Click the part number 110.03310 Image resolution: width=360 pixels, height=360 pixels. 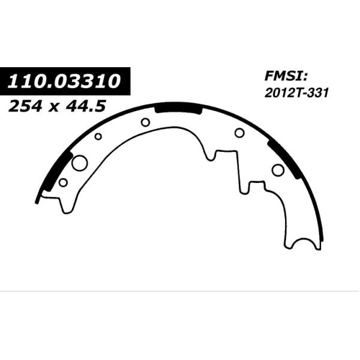pyautogui.click(x=64, y=81)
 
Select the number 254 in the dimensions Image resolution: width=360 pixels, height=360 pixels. pyautogui.click(x=25, y=106)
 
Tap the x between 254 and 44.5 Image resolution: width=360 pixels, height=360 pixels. pyautogui.click(x=53, y=107)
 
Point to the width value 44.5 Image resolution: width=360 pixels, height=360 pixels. pyautogui.click(x=86, y=106)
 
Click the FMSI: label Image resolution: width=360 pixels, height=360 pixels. pyautogui.click(x=286, y=76)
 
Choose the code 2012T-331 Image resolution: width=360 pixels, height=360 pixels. pyautogui.click(x=296, y=93)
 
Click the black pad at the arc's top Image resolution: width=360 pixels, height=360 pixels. pyautogui.click(x=178, y=108)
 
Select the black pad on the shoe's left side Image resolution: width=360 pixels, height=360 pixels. pyautogui.click(x=58, y=171)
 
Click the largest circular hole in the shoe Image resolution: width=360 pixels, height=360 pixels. pyautogui.click(x=80, y=163)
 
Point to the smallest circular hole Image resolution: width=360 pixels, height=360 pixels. pyautogui.click(x=98, y=136)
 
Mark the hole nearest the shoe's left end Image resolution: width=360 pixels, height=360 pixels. pyautogui.click(x=63, y=182)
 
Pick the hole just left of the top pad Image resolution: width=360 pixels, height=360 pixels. pyautogui.click(x=146, y=122)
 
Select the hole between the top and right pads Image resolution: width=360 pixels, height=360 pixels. pyautogui.click(x=239, y=133)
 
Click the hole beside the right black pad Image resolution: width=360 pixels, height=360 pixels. pyautogui.click(x=278, y=170)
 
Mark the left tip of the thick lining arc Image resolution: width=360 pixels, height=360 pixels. pyautogui.click(x=37, y=202)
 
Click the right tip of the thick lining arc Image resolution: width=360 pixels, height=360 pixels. pyautogui.click(x=322, y=240)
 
